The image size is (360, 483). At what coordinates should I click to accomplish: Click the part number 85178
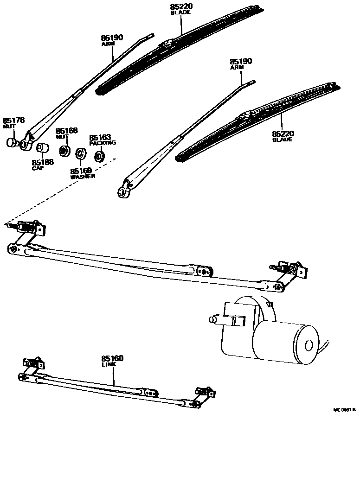click(x=13, y=120)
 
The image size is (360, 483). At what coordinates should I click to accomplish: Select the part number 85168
click(x=67, y=131)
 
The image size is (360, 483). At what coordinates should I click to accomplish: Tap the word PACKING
click(x=103, y=143)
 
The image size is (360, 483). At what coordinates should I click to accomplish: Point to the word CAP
click(x=38, y=168)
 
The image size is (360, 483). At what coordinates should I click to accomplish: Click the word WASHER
click(x=83, y=177)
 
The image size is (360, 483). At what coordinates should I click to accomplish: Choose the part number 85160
click(x=112, y=359)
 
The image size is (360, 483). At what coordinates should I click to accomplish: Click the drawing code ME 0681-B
click(x=344, y=410)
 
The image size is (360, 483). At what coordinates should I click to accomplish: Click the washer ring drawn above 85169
click(x=81, y=153)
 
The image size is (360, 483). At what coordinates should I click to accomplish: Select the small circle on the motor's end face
click(x=309, y=345)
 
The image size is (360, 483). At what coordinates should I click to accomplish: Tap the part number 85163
click(x=100, y=138)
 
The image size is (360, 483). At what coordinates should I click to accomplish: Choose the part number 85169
click(x=81, y=171)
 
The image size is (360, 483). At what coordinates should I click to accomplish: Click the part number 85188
click(x=42, y=162)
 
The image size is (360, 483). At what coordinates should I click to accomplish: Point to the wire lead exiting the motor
click(x=327, y=345)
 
